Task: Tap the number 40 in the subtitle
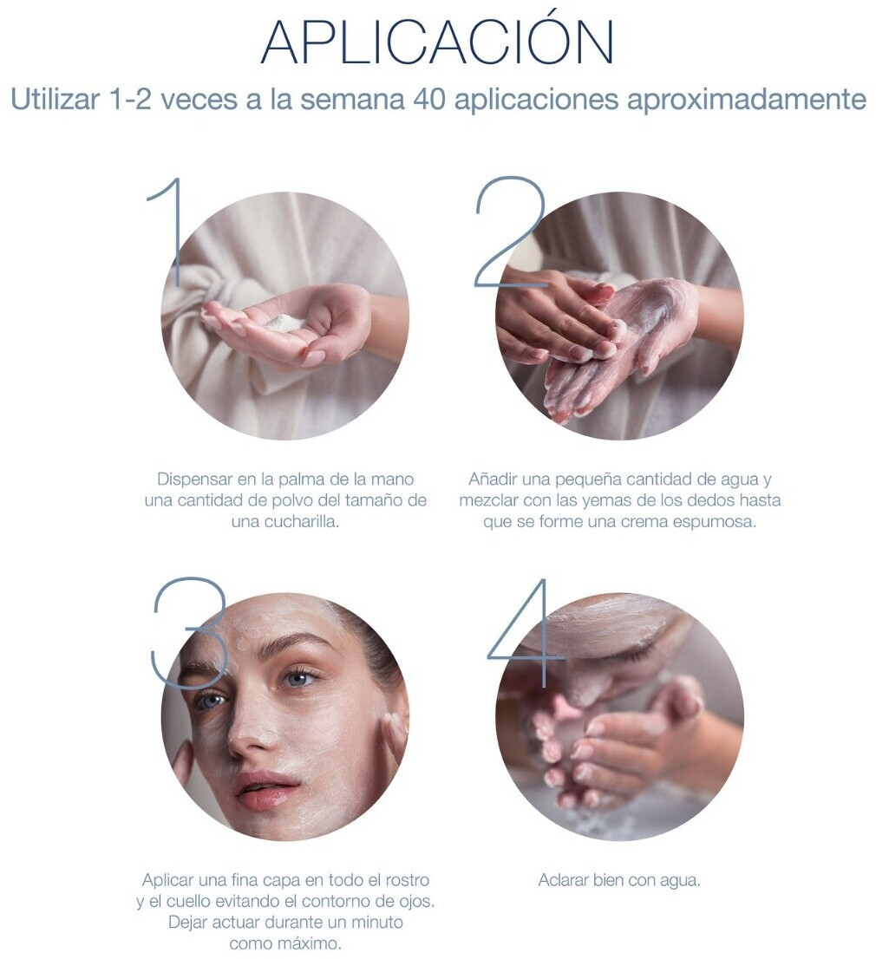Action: pos(428,99)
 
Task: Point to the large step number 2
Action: pos(511,232)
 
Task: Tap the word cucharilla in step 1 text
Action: pos(301,522)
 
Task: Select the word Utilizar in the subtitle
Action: pos(55,99)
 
